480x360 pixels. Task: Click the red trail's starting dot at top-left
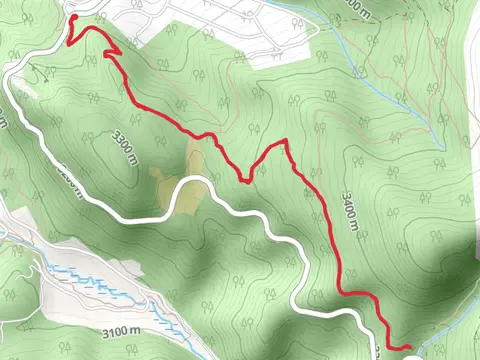coord(73,19)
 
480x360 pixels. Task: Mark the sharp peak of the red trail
coord(286,141)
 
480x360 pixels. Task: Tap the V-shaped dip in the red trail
coord(245,180)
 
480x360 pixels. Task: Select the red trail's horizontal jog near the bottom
coord(355,293)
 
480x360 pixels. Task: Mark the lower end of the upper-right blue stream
coord(440,140)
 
